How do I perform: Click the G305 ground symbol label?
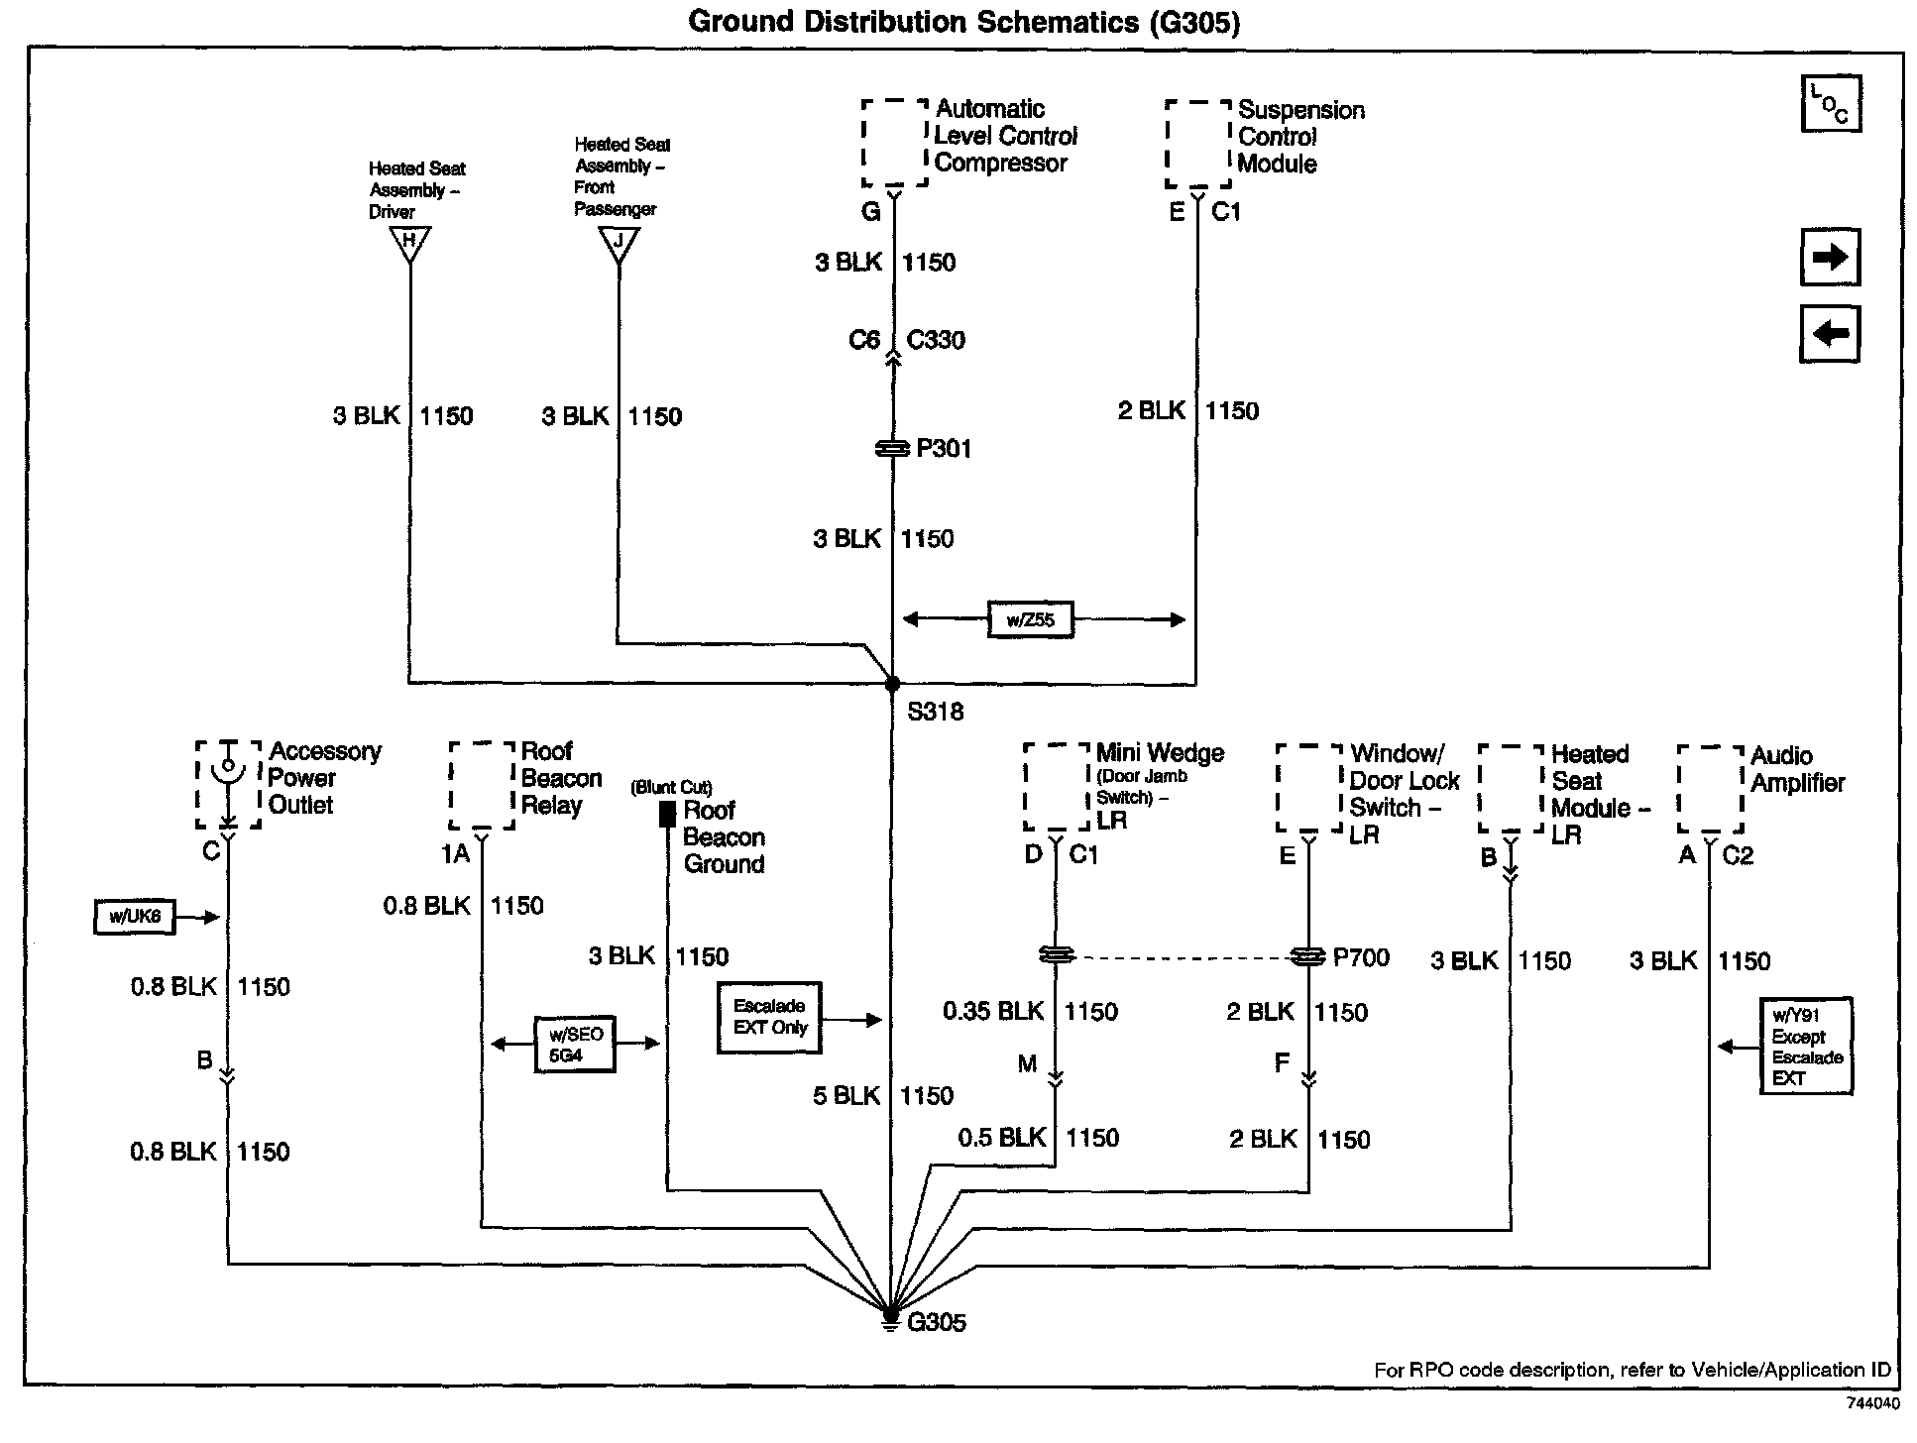936,1322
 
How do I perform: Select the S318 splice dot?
892,684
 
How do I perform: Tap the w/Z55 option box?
1031,620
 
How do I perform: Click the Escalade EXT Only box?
769,1017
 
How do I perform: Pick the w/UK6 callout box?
135,917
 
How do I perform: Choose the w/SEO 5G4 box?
575,1044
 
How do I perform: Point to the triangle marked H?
409,242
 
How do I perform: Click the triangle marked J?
619,242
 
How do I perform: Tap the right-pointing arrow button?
1830,258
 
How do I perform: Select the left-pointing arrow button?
1830,333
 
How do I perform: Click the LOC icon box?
1830,104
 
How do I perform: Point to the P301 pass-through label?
944,449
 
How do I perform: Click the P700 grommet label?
1361,957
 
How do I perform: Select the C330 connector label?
936,340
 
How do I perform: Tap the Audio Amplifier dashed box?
1710,789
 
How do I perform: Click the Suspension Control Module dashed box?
1198,144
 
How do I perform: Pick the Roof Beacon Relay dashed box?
482,785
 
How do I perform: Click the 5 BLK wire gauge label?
846,1095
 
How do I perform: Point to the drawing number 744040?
1872,1403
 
